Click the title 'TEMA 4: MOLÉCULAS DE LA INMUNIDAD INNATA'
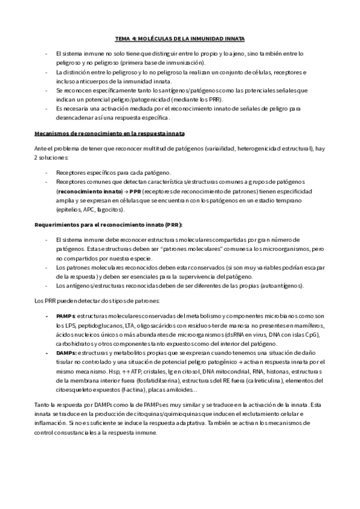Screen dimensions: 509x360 pyautogui.click(x=180, y=38)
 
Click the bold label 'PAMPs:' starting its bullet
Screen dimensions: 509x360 pyautogui.click(x=66, y=316)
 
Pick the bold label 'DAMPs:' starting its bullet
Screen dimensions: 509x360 pyautogui.click(x=67, y=354)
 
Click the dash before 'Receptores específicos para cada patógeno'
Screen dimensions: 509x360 pyautogui.click(x=47, y=172)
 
